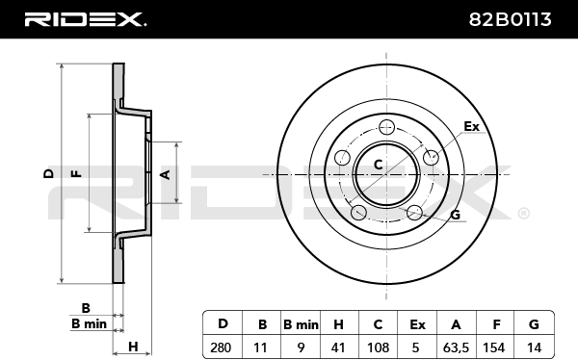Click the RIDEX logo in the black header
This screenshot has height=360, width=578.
click(85, 19)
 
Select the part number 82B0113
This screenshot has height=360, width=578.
click(511, 19)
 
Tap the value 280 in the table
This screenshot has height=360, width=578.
click(221, 347)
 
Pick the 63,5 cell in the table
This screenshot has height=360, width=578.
click(456, 347)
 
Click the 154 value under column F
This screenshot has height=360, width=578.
click(494, 347)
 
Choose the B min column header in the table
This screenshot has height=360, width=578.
click(301, 324)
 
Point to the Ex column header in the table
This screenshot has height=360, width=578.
click(417, 324)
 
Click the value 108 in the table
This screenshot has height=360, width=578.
click(379, 347)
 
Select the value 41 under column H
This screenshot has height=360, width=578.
click(338, 347)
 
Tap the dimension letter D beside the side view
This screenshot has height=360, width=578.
click(48, 173)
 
